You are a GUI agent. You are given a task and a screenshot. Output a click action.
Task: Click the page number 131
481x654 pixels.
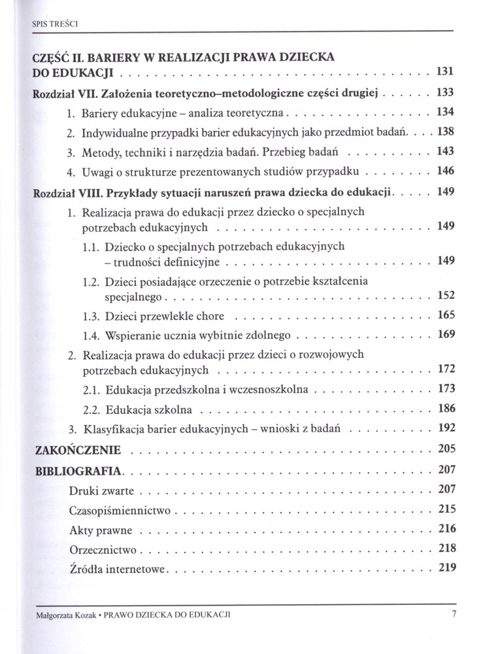coord(444,71)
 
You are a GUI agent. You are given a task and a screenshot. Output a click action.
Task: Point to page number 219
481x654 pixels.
coord(446,566)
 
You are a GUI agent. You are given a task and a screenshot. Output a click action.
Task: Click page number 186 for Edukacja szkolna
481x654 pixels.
coord(446,409)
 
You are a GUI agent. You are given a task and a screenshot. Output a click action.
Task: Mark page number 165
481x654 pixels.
coord(446,315)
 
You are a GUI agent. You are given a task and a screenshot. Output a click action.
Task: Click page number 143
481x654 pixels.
coord(446,152)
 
